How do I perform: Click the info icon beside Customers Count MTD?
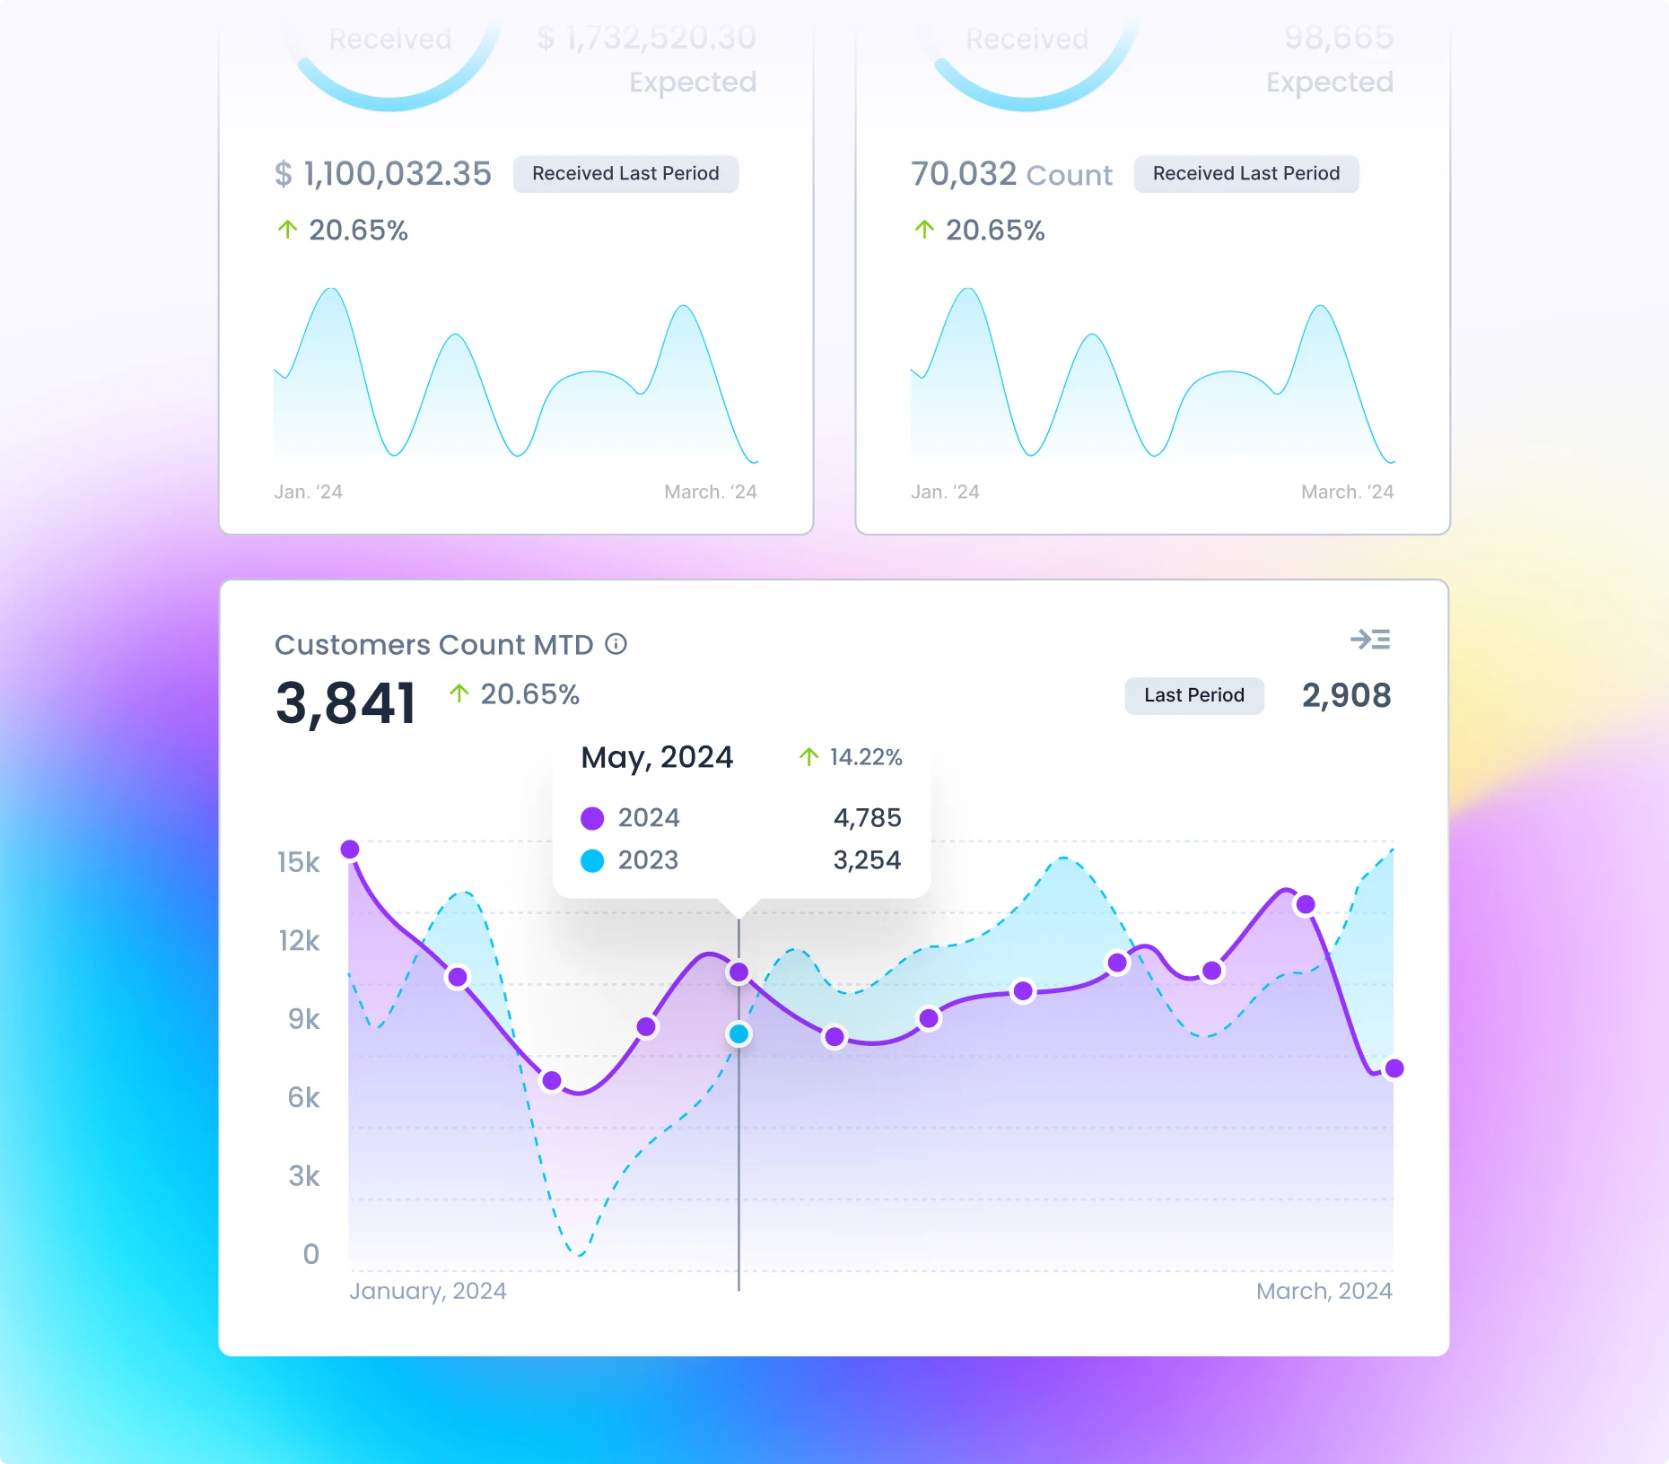[x=616, y=644]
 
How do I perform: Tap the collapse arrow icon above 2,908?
[x=1369, y=640]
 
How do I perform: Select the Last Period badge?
[x=1193, y=695]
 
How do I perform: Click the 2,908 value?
[x=1346, y=695]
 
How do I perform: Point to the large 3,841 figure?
[x=345, y=702]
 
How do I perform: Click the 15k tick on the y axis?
[x=299, y=862]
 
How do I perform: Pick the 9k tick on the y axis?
[x=303, y=1019]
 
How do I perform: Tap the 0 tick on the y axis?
[x=310, y=1254]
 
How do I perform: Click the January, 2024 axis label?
[x=427, y=1291]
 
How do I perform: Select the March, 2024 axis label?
[x=1324, y=1291]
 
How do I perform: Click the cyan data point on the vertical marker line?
[x=738, y=1034]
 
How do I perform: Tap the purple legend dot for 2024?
[x=592, y=818]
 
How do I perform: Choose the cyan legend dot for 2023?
[x=592, y=860]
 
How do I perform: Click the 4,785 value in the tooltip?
[x=867, y=818]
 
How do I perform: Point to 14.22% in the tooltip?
[x=865, y=757]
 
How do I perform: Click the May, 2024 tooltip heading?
[x=657, y=757]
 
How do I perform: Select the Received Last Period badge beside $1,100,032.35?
[x=625, y=174]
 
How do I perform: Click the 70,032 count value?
[x=963, y=174]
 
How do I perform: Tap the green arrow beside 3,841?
[x=459, y=693]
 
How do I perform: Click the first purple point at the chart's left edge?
[x=350, y=849]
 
